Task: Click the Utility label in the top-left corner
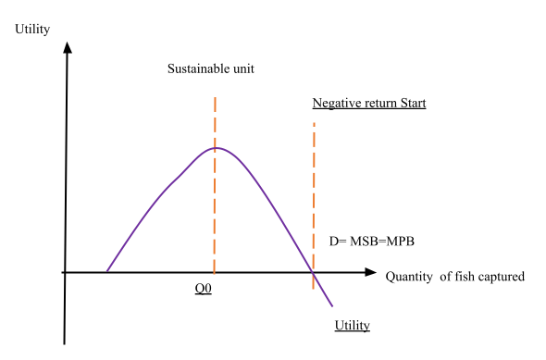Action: [x=31, y=30]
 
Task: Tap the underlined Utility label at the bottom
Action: [x=352, y=325]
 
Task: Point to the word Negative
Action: [x=335, y=103]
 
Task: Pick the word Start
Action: [x=413, y=103]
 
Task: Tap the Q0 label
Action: [x=203, y=289]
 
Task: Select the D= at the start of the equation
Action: [x=338, y=242]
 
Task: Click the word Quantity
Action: [x=410, y=277]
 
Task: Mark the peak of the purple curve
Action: [x=217, y=147]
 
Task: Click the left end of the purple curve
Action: [x=107, y=271]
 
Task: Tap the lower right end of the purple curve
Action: [x=332, y=305]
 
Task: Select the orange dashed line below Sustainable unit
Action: [x=215, y=213]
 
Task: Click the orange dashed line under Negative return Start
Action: [x=314, y=185]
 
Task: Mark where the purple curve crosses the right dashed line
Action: [x=314, y=275]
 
